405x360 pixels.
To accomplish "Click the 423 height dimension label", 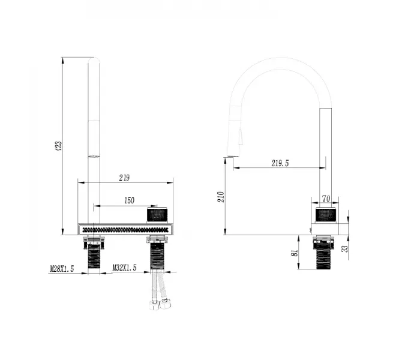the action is (59, 146).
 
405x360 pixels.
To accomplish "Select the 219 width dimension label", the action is (124, 178).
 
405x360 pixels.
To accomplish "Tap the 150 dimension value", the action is (130, 200).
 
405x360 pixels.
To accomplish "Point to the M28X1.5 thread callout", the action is (62, 269).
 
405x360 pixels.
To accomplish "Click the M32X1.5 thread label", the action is (124, 268).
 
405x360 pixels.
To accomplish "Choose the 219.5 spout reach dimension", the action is (280, 163).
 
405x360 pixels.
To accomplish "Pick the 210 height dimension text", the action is (221, 197).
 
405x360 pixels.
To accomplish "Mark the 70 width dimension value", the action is (326, 199).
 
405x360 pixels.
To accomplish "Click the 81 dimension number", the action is (295, 253).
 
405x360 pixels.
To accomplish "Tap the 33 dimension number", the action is (345, 248).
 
